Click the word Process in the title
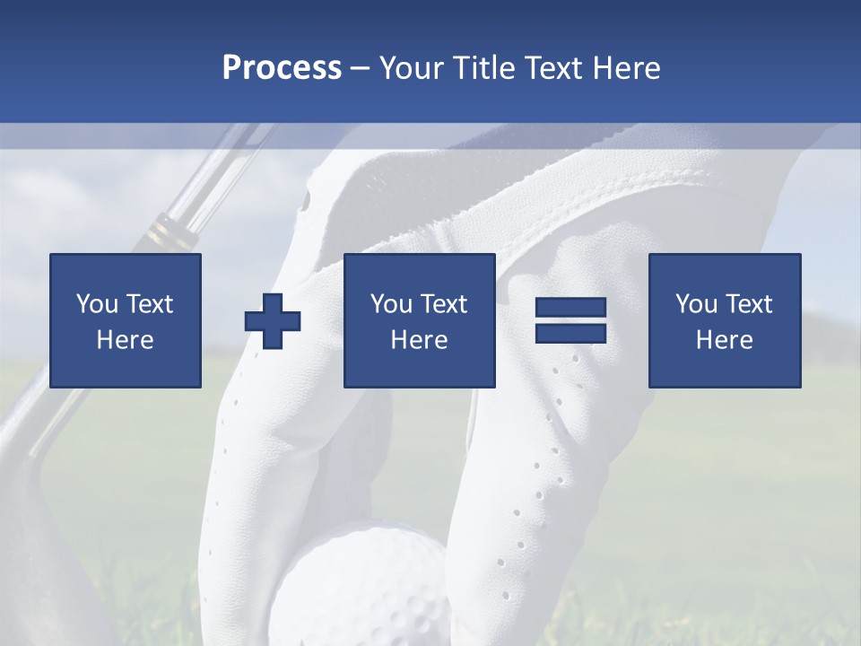point(282,68)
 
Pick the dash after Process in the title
point(360,69)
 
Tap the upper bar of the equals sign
point(570,308)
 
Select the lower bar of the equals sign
point(570,333)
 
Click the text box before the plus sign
point(126,320)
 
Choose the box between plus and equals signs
point(419,320)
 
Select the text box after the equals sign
point(724,320)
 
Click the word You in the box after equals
point(696,304)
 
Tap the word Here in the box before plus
point(126,340)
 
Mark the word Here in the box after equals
point(724,340)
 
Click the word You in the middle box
point(391,304)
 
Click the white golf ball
point(359,583)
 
